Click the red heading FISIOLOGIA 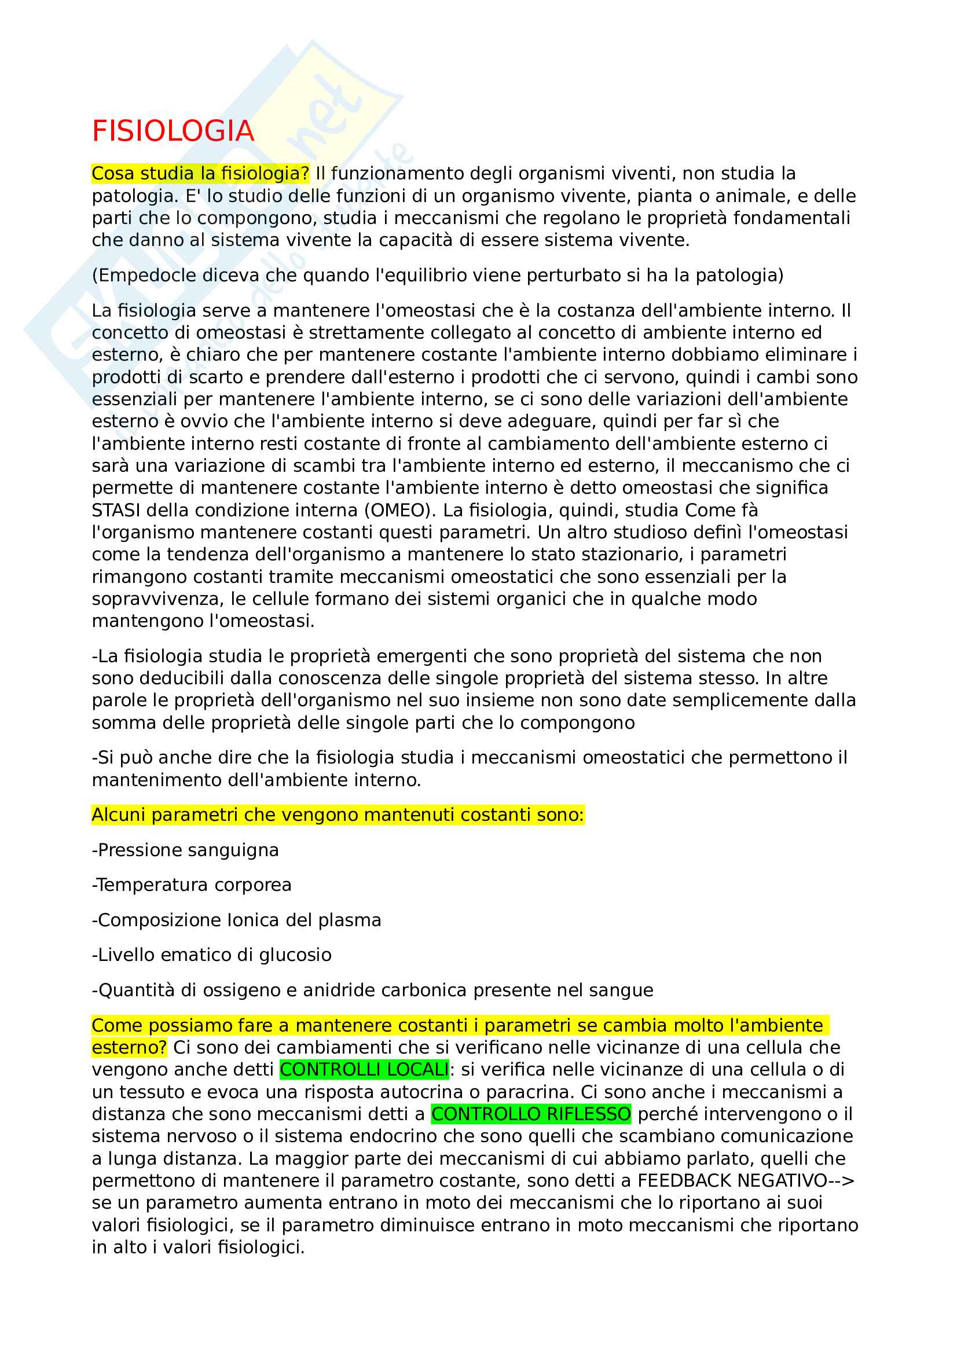[x=173, y=131]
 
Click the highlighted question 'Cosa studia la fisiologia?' [x=200, y=174]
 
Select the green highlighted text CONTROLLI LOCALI [x=364, y=1069]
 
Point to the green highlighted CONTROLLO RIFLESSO [x=531, y=1114]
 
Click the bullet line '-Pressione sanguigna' [x=185, y=850]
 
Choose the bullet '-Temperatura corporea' [x=192, y=885]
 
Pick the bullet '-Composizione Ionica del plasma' [x=236, y=920]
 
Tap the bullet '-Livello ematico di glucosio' [x=212, y=955]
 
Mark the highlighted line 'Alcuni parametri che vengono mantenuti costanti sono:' [x=338, y=815]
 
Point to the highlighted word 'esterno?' [x=129, y=1047]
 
